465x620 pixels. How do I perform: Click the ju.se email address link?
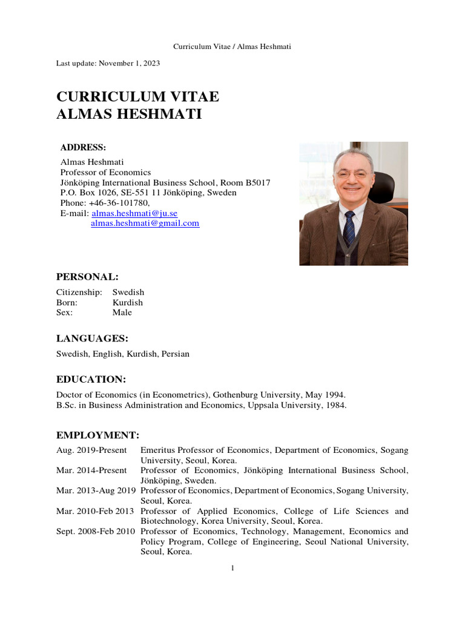[134, 214]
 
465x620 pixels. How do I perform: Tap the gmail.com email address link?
[145, 223]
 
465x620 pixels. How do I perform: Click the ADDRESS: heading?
[83, 148]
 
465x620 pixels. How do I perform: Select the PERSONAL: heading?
[87, 277]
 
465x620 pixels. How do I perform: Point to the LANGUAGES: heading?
[92, 338]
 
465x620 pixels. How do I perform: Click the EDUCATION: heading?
[91, 379]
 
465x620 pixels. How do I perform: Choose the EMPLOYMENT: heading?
[97, 435]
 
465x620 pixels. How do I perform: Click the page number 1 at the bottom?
[232, 567]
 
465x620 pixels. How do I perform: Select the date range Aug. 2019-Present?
[91, 450]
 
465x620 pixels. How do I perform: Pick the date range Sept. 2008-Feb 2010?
[97, 531]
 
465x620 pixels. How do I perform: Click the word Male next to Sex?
[122, 313]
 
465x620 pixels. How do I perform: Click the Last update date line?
[108, 63]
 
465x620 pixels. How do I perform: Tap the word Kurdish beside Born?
[127, 303]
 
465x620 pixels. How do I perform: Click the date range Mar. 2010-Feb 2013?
[96, 511]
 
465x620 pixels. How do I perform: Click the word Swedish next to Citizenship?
[128, 292]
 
